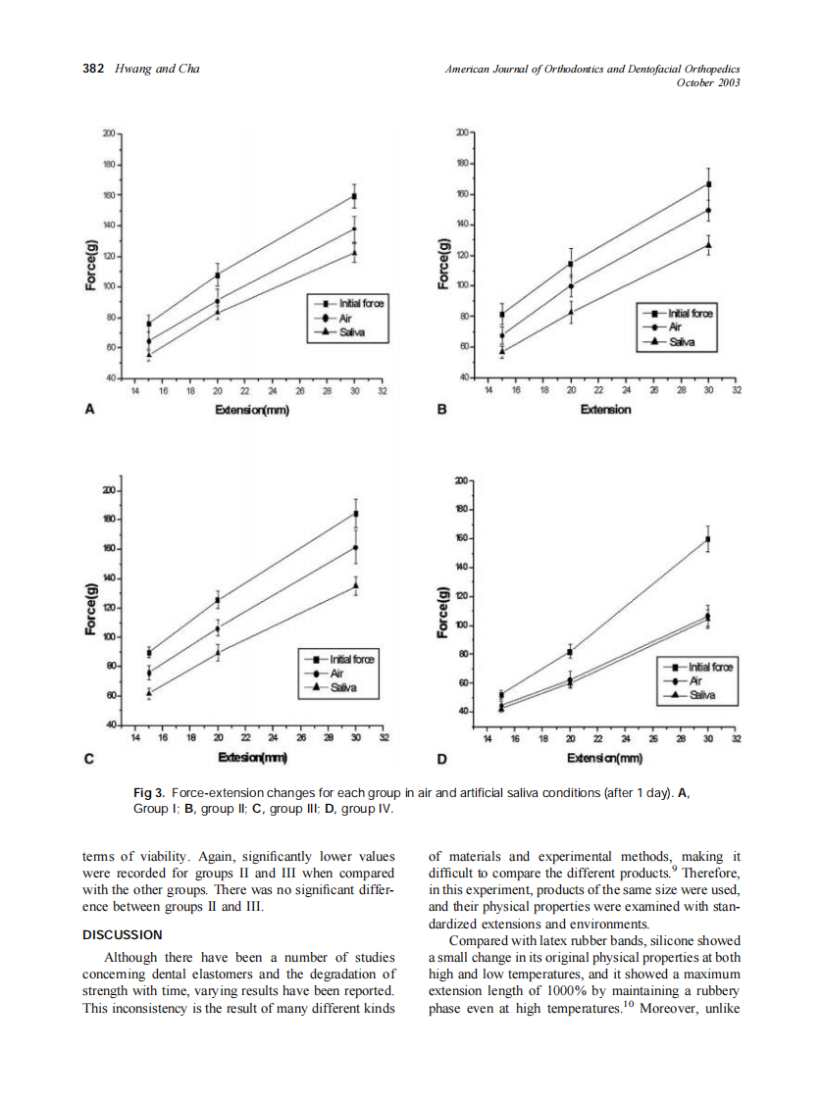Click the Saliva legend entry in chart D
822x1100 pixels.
point(700,695)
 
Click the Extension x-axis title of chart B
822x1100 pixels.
point(605,410)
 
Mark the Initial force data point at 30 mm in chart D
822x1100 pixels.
point(707,539)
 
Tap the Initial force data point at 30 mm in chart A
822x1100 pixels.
point(354,196)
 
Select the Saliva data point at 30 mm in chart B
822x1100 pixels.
point(707,245)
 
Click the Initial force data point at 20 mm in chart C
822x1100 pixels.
point(218,600)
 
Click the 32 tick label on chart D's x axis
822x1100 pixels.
point(737,738)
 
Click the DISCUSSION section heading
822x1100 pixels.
point(122,934)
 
